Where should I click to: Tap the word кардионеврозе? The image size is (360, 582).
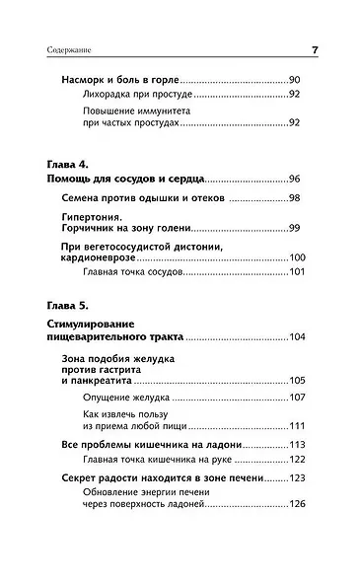coord(101,257)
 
